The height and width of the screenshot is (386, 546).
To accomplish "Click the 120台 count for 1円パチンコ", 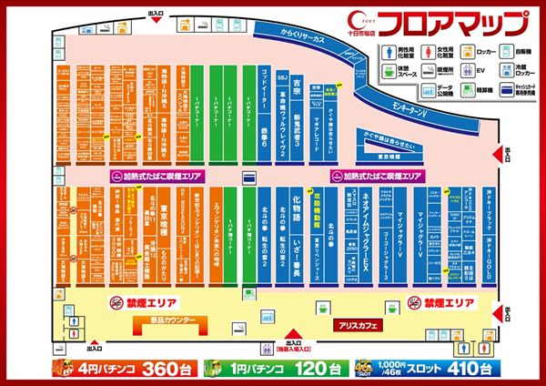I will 295,369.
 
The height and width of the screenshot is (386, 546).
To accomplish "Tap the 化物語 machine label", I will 297,224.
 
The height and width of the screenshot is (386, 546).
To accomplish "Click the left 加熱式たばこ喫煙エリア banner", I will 159,173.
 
